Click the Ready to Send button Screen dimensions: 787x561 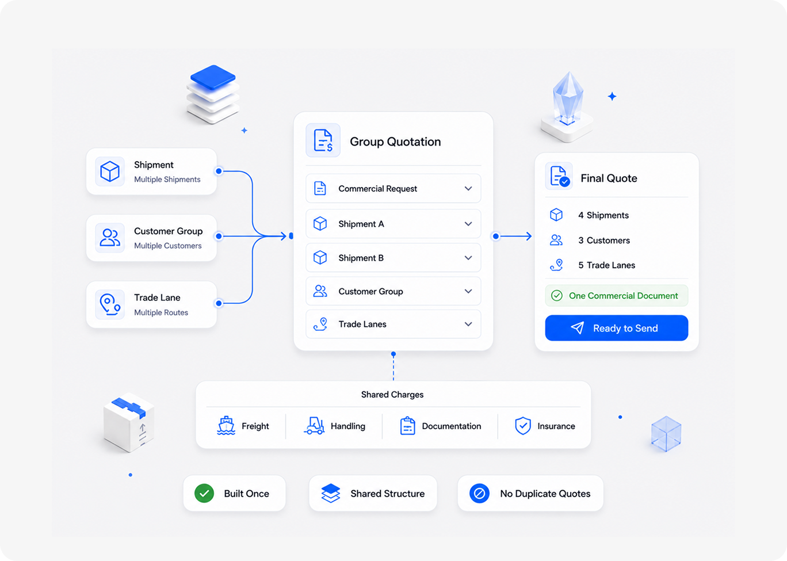tap(616, 328)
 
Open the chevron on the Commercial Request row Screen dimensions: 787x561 tap(468, 188)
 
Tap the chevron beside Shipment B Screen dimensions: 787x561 tap(468, 258)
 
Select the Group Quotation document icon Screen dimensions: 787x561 tap(323, 140)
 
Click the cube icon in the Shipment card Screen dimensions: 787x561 tap(110, 171)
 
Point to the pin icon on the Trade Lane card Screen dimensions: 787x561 tap(110, 304)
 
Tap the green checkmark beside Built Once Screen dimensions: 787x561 tap(204, 494)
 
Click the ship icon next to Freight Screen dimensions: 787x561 tap(226, 426)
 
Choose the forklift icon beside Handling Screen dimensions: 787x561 tap(314, 426)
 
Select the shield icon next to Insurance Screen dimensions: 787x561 tap(523, 426)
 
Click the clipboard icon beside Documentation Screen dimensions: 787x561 tap(407, 426)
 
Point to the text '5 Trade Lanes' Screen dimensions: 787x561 tap(607, 265)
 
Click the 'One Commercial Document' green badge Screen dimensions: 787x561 tap(616, 296)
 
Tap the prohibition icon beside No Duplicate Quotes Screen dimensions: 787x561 tap(479, 494)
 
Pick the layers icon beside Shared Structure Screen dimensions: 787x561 tap(331, 494)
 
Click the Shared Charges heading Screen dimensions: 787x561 tap(392, 394)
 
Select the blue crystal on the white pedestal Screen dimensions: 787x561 tap(568, 98)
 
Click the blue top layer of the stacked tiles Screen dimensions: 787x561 tap(213, 77)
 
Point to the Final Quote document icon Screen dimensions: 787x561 tap(559, 176)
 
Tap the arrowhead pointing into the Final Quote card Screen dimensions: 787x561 tap(529, 236)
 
